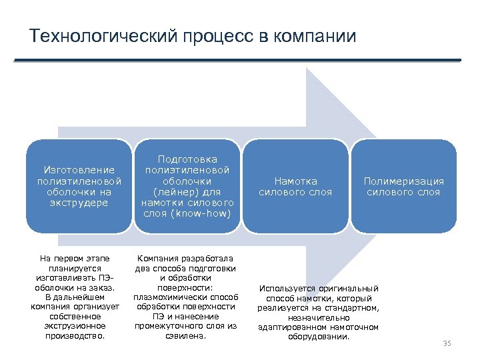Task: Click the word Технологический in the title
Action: click(x=103, y=35)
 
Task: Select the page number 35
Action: click(x=447, y=343)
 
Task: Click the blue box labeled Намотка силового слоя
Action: click(x=295, y=186)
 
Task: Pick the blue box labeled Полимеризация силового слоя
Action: click(x=403, y=186)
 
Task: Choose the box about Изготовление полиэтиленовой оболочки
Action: click(x=79, y=186)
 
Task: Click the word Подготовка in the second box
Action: click(x=187, y=159)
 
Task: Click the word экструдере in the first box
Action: click(x=79, y=203)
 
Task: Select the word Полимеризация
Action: click(x=403, y=181)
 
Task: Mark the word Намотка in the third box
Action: click(x=295, y=181)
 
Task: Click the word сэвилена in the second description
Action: click(x=185, y=336)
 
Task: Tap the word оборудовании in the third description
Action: click(x=318, y=336)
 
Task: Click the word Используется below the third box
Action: click(x=287, y=288)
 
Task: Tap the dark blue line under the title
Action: click(x=237, y=61)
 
